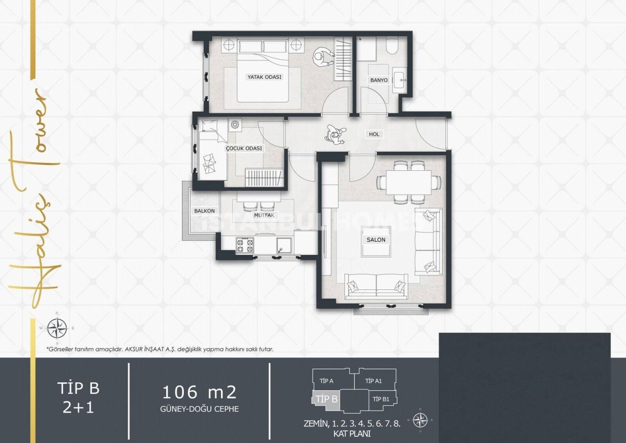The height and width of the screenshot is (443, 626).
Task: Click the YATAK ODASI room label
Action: (265, 77)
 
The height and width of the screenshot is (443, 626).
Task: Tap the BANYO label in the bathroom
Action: (379, 80)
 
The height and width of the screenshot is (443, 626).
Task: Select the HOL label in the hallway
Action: (374, 134)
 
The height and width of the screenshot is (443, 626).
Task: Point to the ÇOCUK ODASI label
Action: (244, 148)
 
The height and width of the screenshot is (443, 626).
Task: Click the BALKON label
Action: (204, 211)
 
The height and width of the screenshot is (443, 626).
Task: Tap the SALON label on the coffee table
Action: (376, 240)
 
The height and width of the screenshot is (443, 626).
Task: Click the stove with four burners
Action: (245, 245)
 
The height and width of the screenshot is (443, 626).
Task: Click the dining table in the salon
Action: (409, 182)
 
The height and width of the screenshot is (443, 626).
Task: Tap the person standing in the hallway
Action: (336, 134)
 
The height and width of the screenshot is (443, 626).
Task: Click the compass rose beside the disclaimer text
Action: (57, 327)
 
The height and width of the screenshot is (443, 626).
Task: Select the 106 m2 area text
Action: (200, 392)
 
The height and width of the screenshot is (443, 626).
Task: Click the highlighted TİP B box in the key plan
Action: (326, 399)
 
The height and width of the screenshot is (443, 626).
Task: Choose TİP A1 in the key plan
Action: (374, 381)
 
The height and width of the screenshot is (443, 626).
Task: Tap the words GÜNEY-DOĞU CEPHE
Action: (200, 409)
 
